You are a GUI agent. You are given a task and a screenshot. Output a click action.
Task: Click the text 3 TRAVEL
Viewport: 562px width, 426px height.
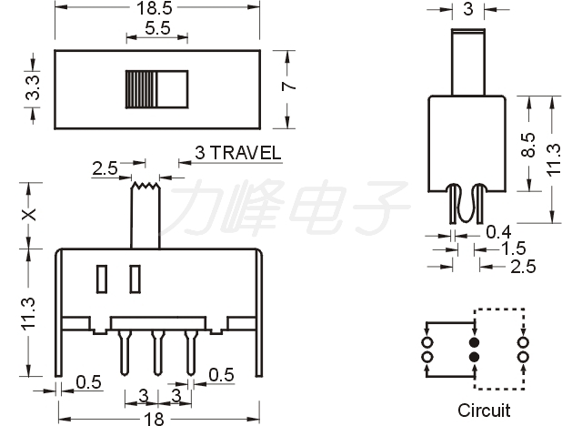tap(238, 153)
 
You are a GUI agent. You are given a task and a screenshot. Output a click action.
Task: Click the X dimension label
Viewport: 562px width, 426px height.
tap(29, 216)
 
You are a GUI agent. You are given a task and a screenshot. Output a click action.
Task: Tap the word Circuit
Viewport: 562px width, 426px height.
tap(483, 411)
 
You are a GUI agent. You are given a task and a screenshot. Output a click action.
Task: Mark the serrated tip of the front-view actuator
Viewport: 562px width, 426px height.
tap(145, 188)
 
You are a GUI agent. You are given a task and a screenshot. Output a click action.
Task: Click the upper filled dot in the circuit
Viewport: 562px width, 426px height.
tap(473, 342)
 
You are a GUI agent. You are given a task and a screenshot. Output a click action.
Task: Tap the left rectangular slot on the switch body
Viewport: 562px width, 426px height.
tap(102, 279)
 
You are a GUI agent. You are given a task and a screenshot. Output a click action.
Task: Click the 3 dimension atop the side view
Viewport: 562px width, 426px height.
tap(467, 10)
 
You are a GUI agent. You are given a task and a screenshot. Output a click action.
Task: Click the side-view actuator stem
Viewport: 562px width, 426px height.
tap(467, 62)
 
